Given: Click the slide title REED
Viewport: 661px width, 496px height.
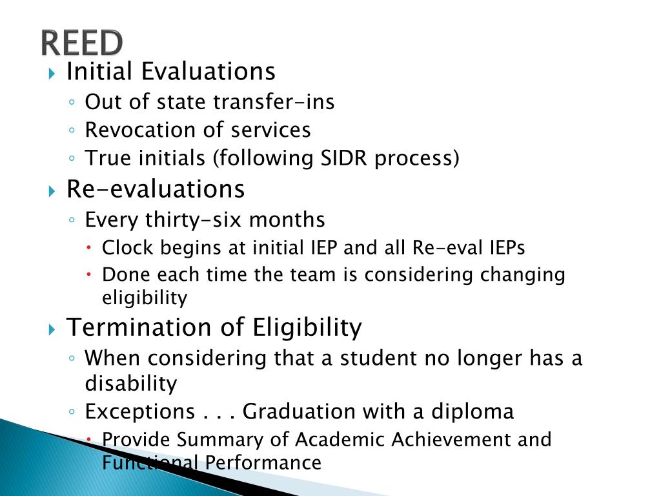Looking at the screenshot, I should pos(81,43).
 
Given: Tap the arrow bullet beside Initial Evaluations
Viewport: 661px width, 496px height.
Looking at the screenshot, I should pos(53,72).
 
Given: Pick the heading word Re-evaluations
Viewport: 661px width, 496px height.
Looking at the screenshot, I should pos(156,189).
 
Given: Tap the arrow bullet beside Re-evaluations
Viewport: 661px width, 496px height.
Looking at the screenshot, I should pos(53,191).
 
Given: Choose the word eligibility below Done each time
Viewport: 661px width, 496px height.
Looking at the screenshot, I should pos(145,298).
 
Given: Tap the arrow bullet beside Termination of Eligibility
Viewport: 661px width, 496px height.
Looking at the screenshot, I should pos(53,329).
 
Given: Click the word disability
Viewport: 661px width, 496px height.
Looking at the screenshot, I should pos(130,384).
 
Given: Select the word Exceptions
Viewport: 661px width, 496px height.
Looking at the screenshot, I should pos(140,411).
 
